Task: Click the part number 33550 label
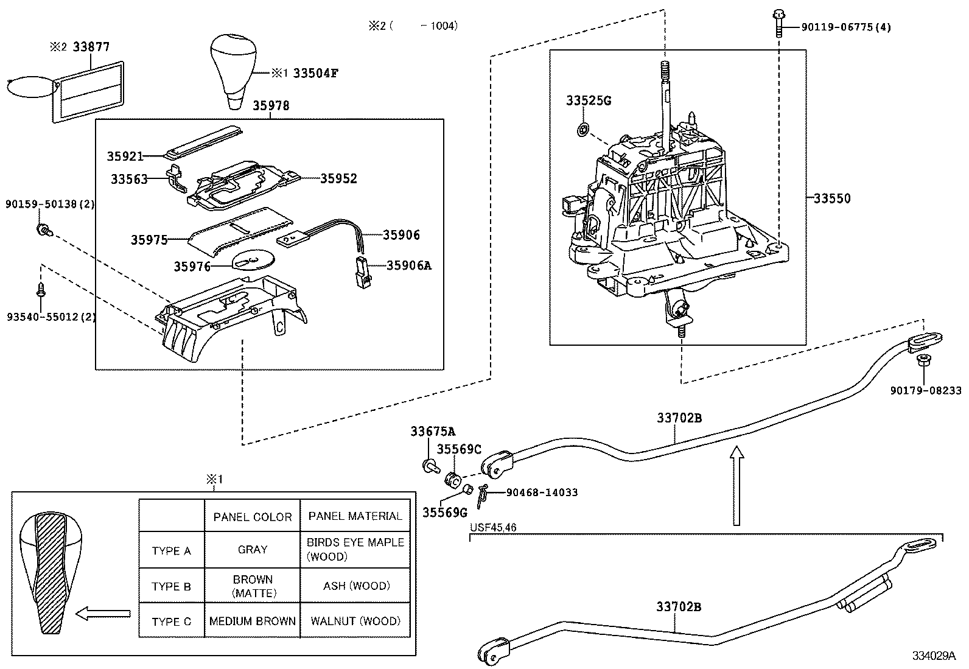[x=832, y=198]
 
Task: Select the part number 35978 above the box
[x=271, y=106]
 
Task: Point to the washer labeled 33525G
[x=582, y=129]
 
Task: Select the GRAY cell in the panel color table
[x=252, y=550]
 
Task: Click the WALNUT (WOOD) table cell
[x=355, y=622]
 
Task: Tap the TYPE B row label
[x=171, y=587]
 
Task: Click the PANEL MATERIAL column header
[x=355, y=516]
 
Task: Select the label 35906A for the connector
[x=408, y=265]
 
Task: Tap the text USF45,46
[x=494, y=528]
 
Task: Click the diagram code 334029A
[x=933, y=656]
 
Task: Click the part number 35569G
[x=444, y=512]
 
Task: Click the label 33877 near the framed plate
[x=91, y=47]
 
